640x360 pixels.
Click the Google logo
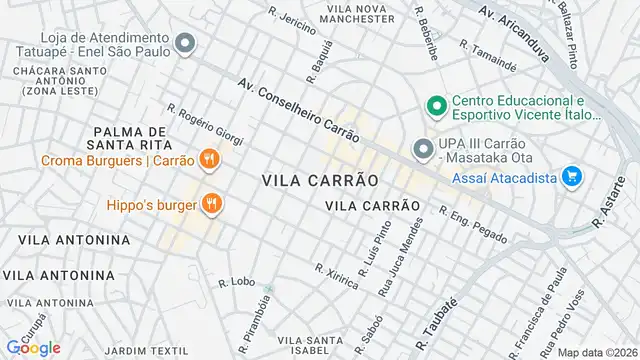33,348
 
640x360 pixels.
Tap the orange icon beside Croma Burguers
209,158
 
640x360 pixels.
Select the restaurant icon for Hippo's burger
212,204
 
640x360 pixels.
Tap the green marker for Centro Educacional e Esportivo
435,105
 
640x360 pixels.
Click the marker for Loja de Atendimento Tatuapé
184,43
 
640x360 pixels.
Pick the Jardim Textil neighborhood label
146,351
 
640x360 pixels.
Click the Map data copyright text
597,352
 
